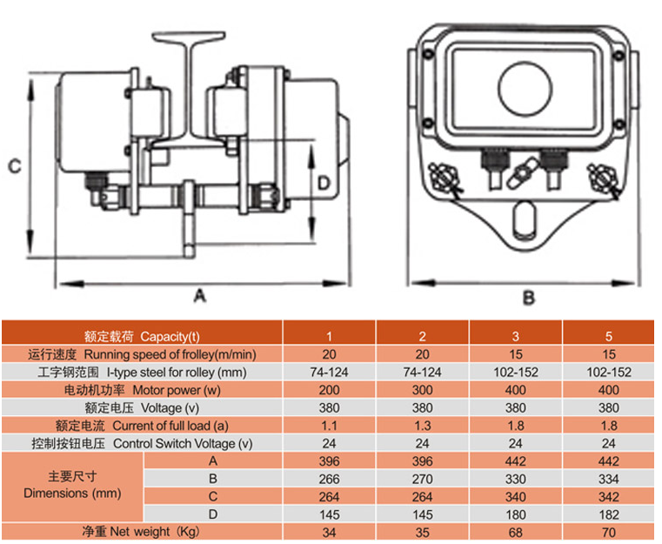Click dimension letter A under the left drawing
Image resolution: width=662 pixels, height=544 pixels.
pyautogui.click(x=199, y=296)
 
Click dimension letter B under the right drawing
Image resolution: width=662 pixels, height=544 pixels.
pyautogui.click(x=527, y=297)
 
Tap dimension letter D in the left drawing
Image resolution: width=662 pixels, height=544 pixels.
pyautogui.click(x=323, y=183)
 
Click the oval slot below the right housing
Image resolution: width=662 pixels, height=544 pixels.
pyautogui.click(x=523, y=218)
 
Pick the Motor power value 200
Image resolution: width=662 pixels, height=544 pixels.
pyautogui.click(x=329, y=390)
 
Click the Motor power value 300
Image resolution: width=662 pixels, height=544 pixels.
pyautogui.click(x=422, y=390)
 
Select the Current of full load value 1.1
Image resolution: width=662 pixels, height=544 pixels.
pyautogui.click(x=329, y=426)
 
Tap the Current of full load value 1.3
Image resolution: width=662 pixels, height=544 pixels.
pyautogui.click(x=422, y=426)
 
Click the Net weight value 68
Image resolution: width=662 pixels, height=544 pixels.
pyautogui.click(x=516, y=530)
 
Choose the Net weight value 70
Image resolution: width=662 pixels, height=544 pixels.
pyautogui.click(x=609, y=530)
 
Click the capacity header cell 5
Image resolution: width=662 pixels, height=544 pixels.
pyautogui.click(x=609, y=336)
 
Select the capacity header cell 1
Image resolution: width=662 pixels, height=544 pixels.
pyautogui.click(x=329, y=336)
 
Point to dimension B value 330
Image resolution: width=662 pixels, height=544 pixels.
pyautogui.click(x=516, y=478)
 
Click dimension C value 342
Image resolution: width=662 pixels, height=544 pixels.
pyautogui.click(x=609, y=495)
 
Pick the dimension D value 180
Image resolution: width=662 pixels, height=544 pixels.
pyautogui.click(x=516, y=513)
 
